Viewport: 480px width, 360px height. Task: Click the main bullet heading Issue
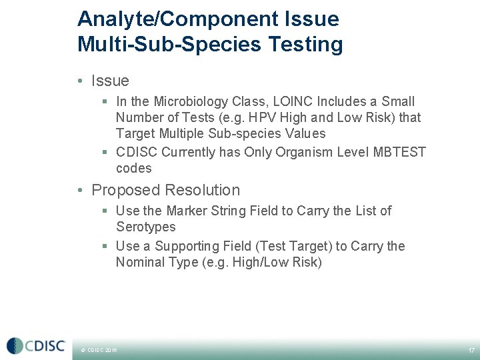tap(110, 81)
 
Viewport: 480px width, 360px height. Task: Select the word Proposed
tap(119, 190)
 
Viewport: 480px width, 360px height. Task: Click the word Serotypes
tap(145, 227)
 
